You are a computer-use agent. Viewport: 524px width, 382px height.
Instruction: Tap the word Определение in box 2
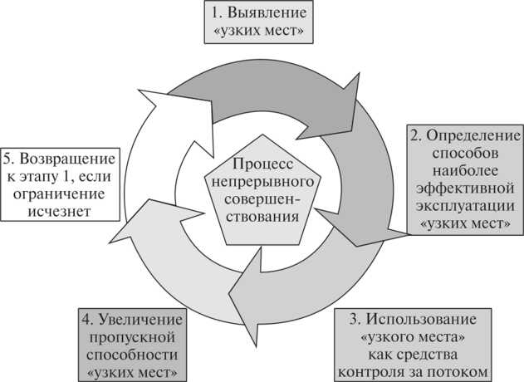(x=470, y=135)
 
